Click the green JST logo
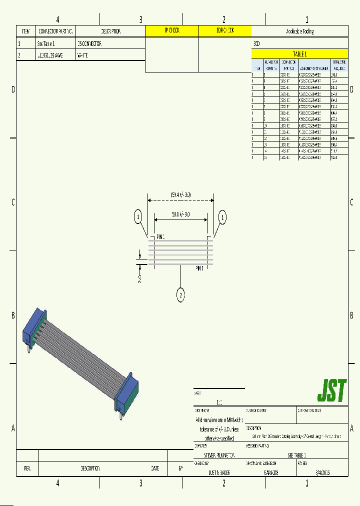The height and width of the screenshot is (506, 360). point(332,391)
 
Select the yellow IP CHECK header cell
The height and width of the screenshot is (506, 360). point(171,31)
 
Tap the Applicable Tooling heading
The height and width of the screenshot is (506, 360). point(299,31)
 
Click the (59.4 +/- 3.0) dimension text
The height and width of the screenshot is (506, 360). point(180,194)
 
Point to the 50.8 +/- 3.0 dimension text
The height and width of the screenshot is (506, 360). point(180,214)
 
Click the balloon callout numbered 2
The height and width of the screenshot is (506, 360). point(180,295)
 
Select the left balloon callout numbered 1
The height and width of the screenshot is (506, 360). point(138,217)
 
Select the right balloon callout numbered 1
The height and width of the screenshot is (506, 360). point(222,217)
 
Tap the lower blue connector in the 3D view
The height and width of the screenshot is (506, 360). point(127,392)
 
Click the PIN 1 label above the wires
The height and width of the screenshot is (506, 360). point(160,236)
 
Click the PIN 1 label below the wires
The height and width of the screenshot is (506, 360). point(199,268)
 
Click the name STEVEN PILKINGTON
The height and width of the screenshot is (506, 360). point(219,455)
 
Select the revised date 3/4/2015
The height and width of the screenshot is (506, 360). point(322,472)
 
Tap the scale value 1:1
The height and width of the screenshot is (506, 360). point(219,402)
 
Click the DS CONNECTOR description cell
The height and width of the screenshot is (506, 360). point(90,43)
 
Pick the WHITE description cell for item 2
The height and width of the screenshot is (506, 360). point(82,55)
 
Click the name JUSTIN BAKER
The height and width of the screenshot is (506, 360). point(219,472)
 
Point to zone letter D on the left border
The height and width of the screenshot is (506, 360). point(13,89)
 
